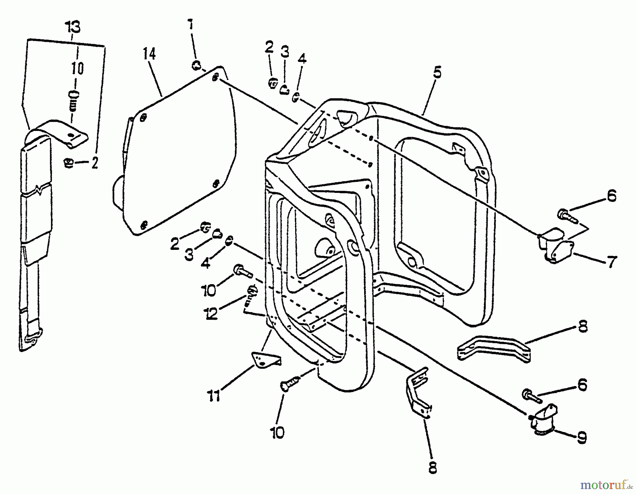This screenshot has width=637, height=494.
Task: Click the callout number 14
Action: [149, 54]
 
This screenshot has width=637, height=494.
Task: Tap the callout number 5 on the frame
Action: [437, 73]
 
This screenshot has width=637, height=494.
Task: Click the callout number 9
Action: [581, 438]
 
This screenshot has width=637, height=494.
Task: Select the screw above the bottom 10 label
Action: [290, 384]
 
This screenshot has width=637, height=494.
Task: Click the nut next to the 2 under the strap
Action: [69, 163]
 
